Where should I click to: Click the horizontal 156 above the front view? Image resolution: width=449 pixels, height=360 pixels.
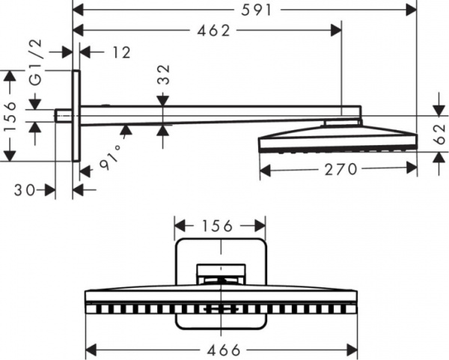219,225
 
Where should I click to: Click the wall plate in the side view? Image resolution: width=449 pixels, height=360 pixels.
76,115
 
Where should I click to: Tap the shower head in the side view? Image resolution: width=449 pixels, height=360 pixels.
337,138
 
